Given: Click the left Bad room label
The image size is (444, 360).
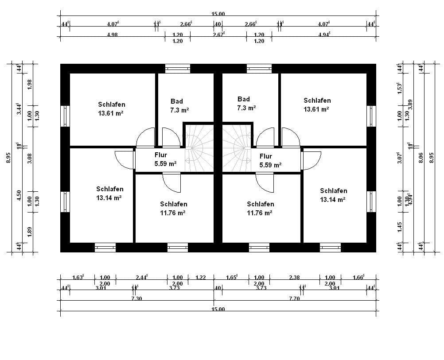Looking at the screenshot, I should click(x=177, y=101).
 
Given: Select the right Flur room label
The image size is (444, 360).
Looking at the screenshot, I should click(x=266, y=156).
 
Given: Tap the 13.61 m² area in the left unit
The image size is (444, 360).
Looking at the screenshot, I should click(x=111, y=113).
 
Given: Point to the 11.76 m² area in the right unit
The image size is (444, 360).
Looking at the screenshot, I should click(x=261, y=212).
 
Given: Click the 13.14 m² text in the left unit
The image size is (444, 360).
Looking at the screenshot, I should click(x=109, y=197).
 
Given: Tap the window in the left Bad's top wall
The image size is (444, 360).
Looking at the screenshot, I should click(x=177, y=69).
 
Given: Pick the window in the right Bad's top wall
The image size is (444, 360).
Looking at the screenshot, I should click(x=259, y=69).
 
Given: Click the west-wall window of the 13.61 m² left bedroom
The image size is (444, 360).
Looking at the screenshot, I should click(x=65, y=116).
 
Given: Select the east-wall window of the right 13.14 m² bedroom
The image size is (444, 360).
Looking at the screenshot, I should click(x=371, y=201).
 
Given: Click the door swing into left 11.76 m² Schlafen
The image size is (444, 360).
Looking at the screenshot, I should click(x=171, y=182).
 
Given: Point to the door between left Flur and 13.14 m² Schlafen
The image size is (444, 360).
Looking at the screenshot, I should click(x=124, y=159).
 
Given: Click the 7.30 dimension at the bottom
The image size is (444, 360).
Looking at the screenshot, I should click(x=136, y=299).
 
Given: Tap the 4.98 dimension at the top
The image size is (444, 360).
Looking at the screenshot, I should click(x=112, y=35).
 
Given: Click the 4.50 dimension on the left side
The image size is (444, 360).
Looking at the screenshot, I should click(x=19, y=195).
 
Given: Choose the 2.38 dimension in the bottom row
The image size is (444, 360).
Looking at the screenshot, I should click(x=294, y=278).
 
